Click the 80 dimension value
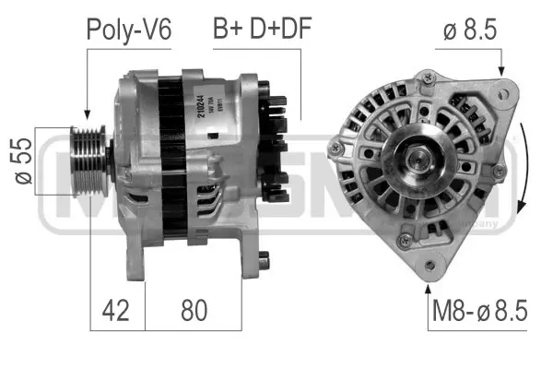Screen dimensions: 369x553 [x=194, y=309]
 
